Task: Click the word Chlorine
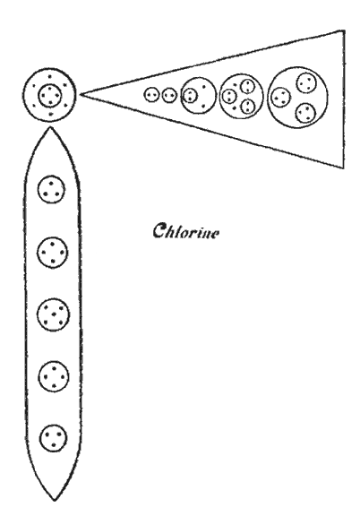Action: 186,231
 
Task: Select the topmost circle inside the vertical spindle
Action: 51,189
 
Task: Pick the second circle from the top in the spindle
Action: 53,253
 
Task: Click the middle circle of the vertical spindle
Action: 54,315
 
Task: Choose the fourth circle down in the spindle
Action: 54,376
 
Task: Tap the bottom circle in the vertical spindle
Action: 53,437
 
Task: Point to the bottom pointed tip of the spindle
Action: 54,501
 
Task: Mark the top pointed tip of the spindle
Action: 50,126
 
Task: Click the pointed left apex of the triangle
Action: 81,94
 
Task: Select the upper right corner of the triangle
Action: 344,30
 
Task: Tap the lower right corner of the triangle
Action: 344,168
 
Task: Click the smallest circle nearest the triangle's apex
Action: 151,94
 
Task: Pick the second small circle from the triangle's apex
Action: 169,95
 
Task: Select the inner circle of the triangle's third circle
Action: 190,95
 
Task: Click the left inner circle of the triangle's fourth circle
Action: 229,96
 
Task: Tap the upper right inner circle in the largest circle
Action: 306,83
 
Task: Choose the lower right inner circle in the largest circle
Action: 305,113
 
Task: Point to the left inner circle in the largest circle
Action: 280,97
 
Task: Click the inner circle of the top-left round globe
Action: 50,96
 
